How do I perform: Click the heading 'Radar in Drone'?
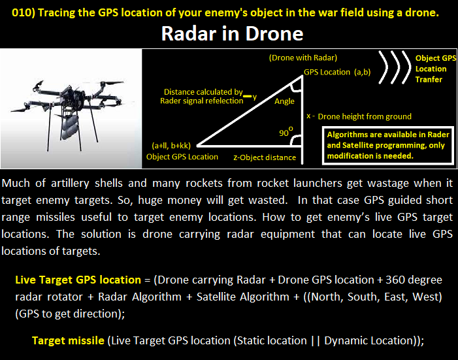(232, 33)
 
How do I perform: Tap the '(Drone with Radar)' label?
(303, 58)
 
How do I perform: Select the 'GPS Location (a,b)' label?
(337, 72)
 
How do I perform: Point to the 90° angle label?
(286, 132)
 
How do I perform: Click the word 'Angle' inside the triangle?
(284, 101)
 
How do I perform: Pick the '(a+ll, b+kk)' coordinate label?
(171, 146)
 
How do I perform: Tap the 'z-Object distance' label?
(265, 157)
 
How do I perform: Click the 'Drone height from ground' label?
(365, 116)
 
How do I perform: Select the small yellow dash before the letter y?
(247, 96)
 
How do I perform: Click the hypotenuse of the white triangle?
(250, 110)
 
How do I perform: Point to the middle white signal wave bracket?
(396, 67)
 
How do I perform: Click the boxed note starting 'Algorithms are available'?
(388, 145)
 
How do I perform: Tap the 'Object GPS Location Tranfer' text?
(436, 69)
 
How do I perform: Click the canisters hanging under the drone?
(70, 127)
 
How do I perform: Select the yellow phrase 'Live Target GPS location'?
(78, 280)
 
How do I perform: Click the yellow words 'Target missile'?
(68, 340)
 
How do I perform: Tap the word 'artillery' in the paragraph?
(70, 184)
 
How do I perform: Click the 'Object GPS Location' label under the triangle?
(182, 157)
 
